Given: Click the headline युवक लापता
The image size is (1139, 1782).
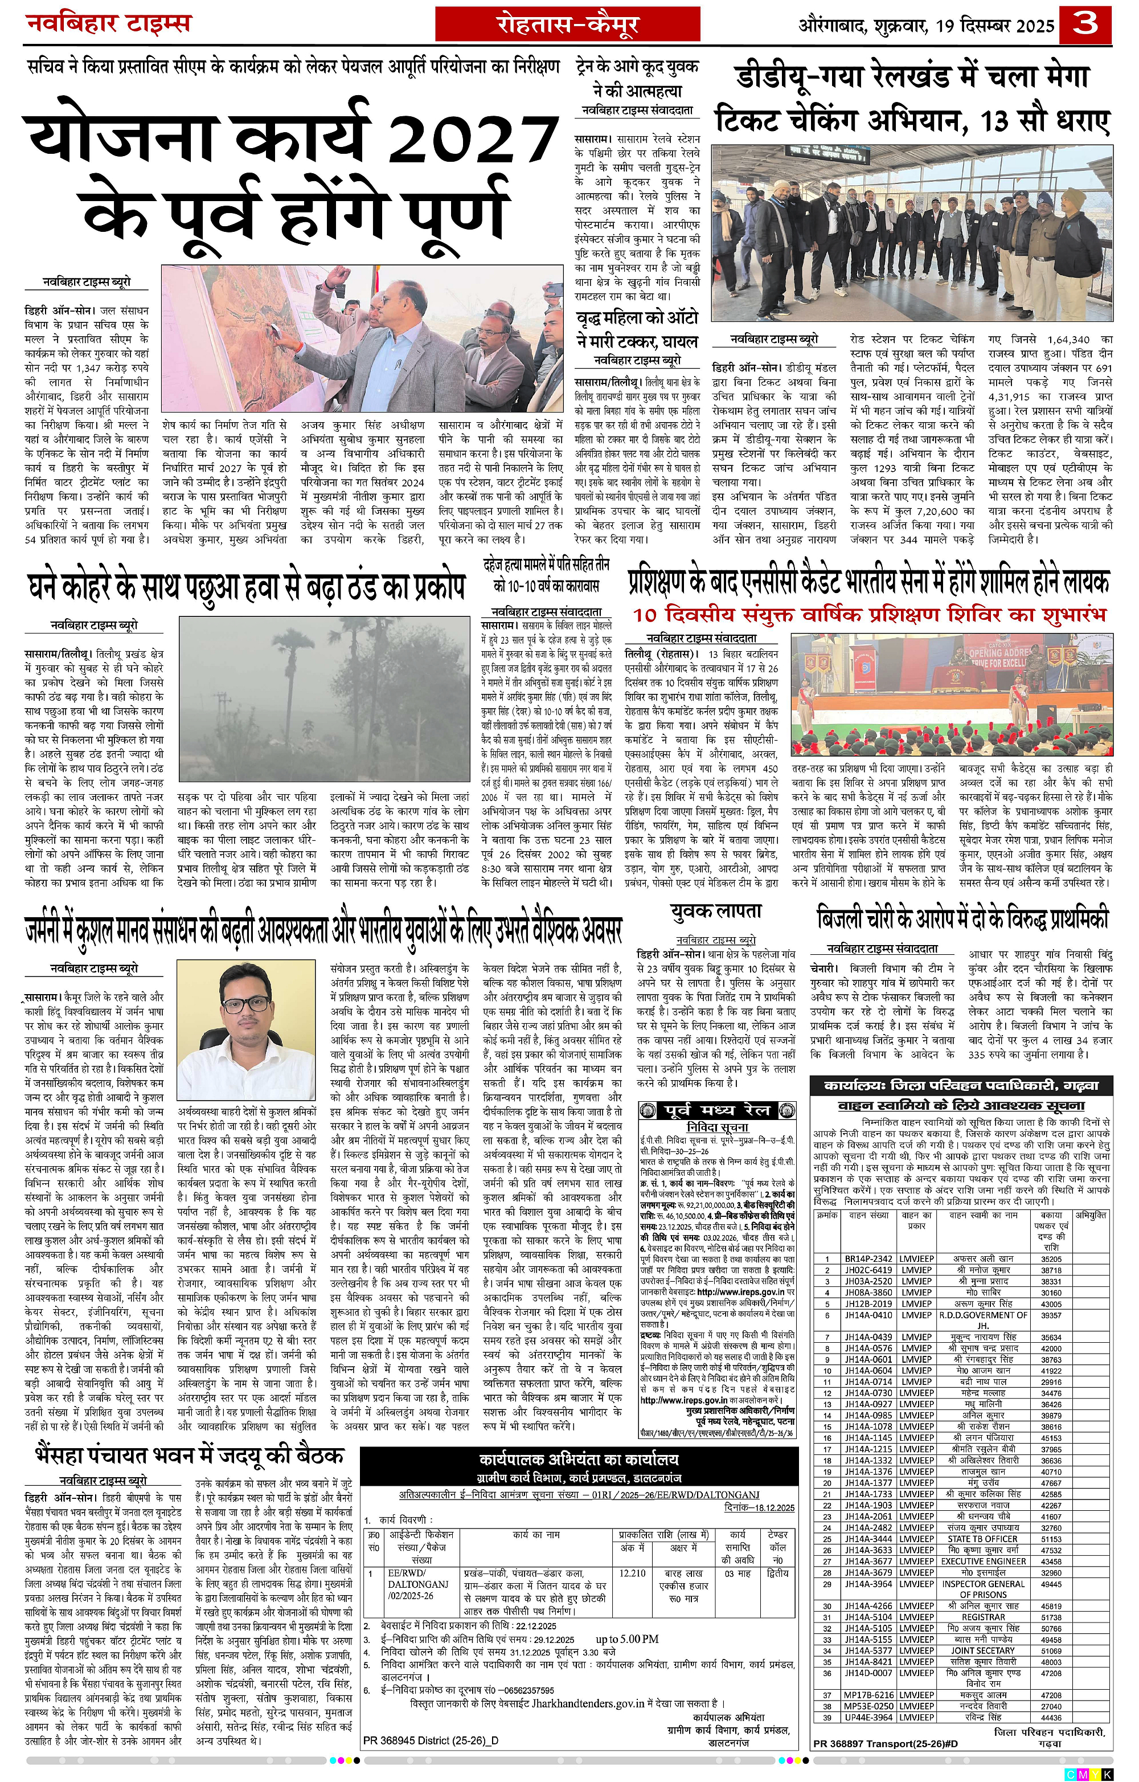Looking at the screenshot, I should (x=715, y=913).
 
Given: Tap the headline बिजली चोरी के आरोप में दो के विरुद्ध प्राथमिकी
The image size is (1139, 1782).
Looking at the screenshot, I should (x=962, y=920).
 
